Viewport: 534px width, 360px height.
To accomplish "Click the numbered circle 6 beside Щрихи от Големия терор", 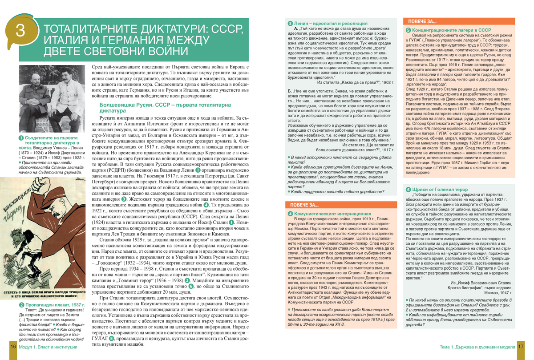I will pos(408,190).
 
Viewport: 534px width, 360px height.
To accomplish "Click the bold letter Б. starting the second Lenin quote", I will pos(290,91).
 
